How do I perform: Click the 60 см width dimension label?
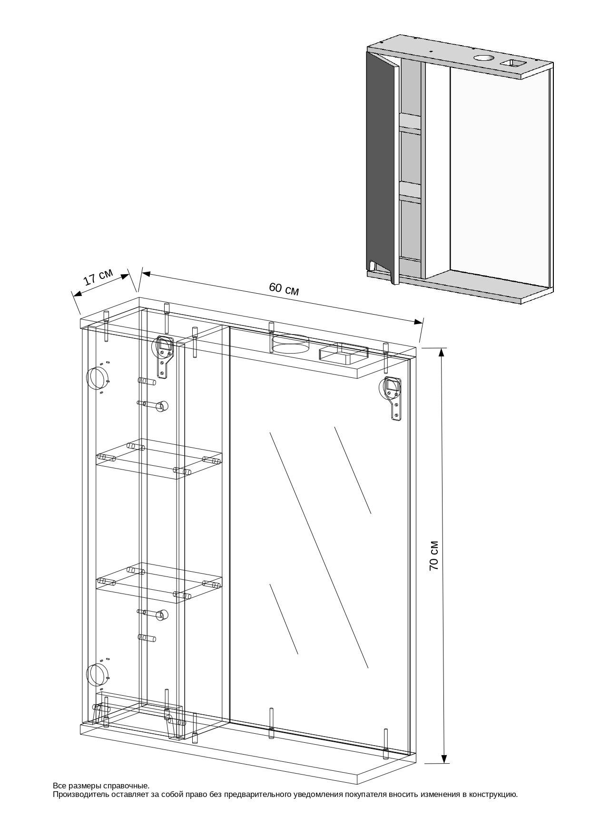click(284, 288)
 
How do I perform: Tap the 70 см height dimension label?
click(433, 555)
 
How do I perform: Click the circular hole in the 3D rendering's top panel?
click(484, 59)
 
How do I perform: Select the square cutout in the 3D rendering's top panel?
click(512, 63)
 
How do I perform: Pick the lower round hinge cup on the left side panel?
click(97, 675)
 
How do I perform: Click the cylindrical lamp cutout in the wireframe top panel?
click(290, 345)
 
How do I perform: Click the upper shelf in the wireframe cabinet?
click(159, 460)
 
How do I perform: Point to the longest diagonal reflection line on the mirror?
click(319, 550)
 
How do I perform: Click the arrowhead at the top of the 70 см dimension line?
click(442, 352)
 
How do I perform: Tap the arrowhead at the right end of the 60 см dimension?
click(418, 322)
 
